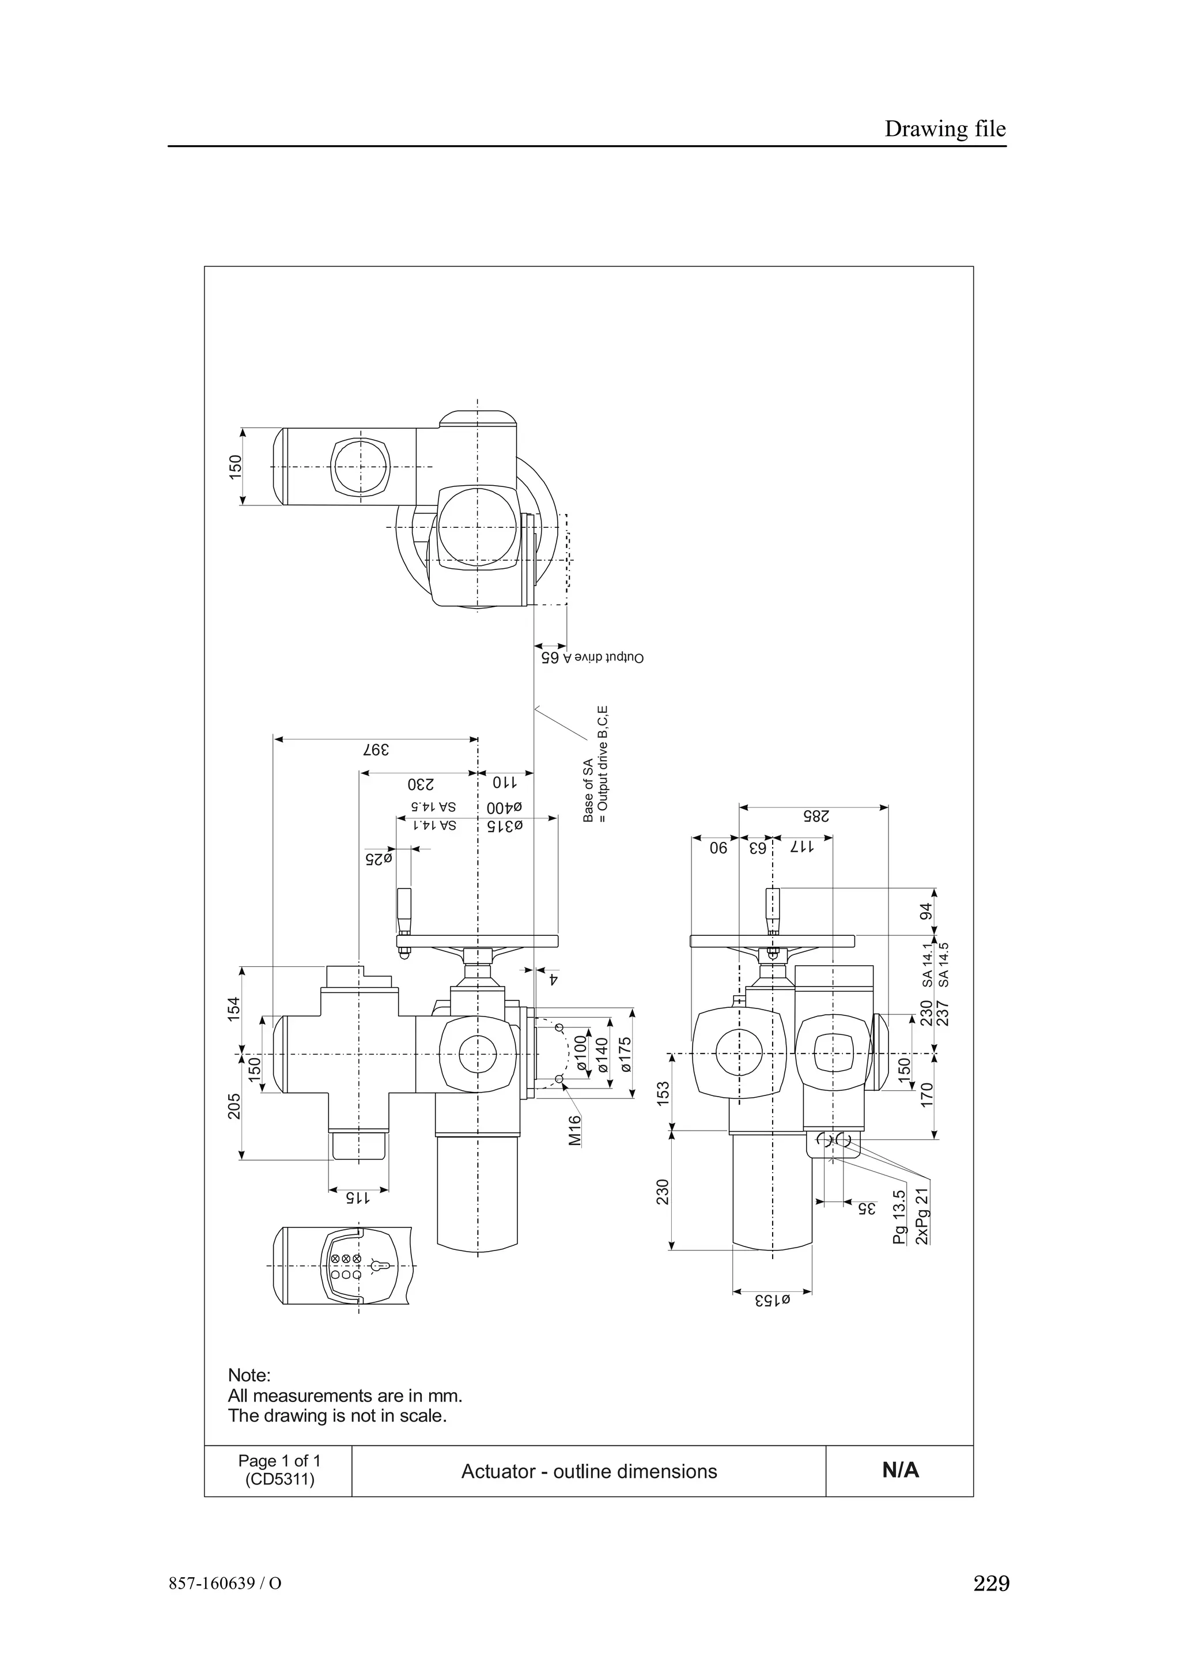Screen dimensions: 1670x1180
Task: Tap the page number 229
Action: click(991, 1604)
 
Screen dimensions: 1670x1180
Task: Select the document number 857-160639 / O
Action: click(225, 1604)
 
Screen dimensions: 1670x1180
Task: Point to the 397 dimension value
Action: click(377, 749)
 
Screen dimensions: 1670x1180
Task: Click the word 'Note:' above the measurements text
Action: click(249, 1376)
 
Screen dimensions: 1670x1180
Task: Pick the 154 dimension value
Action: click(233, 1009)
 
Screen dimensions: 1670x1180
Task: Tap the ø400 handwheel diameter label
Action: click(505, 807)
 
